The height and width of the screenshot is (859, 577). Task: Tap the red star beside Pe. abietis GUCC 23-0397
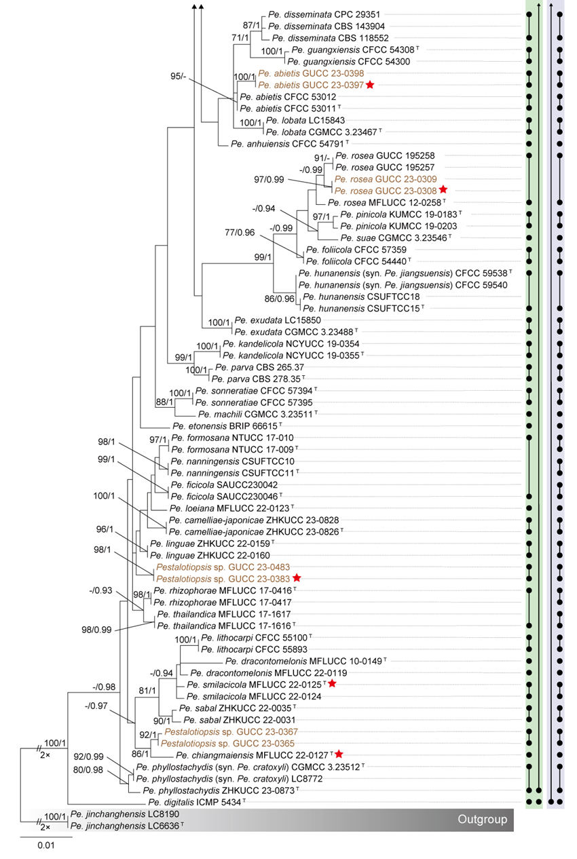pyautogui.click(x=370, y=85)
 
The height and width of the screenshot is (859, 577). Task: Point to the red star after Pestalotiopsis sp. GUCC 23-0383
pyautogui.click(x=296, y=578)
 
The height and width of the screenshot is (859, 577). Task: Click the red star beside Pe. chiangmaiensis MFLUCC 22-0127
pyautogui.click(x=339, y=755)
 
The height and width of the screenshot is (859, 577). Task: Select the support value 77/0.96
pyautogui.click(x=240, y=232)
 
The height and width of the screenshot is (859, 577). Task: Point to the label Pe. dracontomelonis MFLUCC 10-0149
pyautogui.click(x=304, y=660)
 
